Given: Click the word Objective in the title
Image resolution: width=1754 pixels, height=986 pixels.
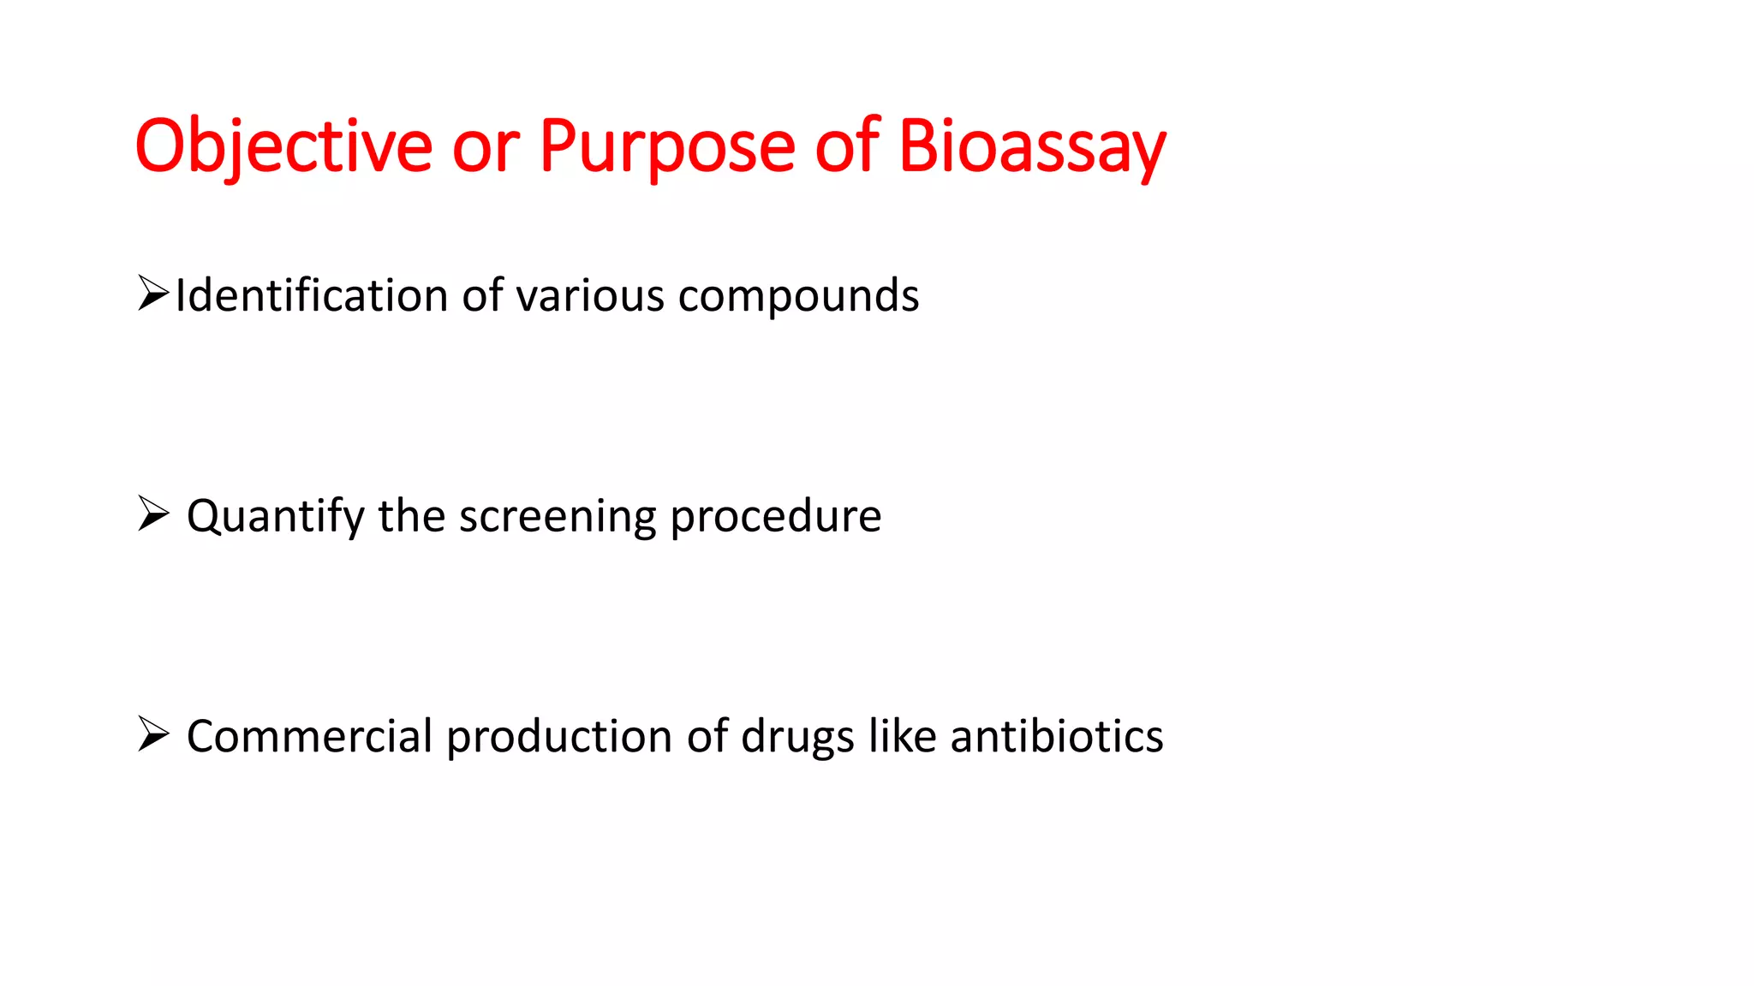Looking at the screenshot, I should (x=283, y=146).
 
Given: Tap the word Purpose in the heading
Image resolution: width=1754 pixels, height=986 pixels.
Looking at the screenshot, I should (x=667, y=146).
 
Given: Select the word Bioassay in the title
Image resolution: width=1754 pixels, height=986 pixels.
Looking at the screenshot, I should (x=1032, y=146).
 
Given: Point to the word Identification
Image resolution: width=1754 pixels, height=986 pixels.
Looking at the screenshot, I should (x=311, y=295).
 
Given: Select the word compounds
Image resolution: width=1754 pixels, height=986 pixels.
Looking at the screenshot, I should (x=798, y=297).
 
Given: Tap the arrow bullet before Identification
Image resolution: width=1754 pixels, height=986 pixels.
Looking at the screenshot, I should (x=152, y=294).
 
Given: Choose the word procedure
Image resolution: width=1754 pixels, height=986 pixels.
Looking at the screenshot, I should (x=775, y=516).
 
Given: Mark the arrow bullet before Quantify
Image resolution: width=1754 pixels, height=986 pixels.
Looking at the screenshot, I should (x=152, y=514).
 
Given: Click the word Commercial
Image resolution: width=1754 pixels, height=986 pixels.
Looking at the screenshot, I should (x=309, y=736).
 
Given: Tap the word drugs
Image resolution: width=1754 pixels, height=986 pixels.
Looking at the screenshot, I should (x=797, y=737).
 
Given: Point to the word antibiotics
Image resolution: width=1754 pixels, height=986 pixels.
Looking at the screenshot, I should (x=1056, y=736).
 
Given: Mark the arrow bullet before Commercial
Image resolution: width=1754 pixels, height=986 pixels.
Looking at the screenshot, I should (x=152, y=734).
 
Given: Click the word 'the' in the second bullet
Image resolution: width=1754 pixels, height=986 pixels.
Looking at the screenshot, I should (x=411, y=516).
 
